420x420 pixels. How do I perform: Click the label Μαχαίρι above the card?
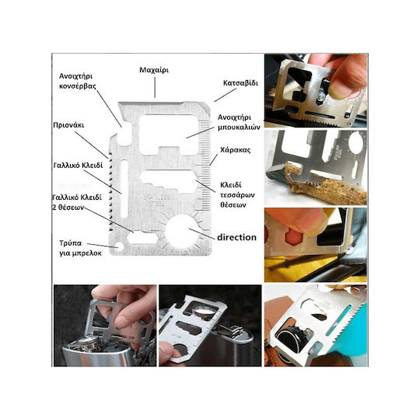point(154,70)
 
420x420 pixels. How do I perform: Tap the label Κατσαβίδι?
point(240,83)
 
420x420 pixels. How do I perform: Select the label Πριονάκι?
point(68,125)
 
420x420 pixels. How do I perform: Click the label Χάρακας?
point(235,150)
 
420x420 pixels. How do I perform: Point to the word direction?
point(236,237)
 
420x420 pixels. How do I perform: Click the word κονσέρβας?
point(78,86)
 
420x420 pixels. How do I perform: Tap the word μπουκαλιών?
point(239,128)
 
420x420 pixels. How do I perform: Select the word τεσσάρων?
point(237,195)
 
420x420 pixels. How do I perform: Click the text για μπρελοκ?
point(80,253)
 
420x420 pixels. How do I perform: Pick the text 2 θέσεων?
point(68,208)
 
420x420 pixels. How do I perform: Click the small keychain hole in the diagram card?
point(119,246)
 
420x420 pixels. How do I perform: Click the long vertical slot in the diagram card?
point(124,188)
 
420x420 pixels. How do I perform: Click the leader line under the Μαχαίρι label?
point(155,87)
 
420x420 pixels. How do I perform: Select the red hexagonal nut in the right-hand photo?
point(294,236)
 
